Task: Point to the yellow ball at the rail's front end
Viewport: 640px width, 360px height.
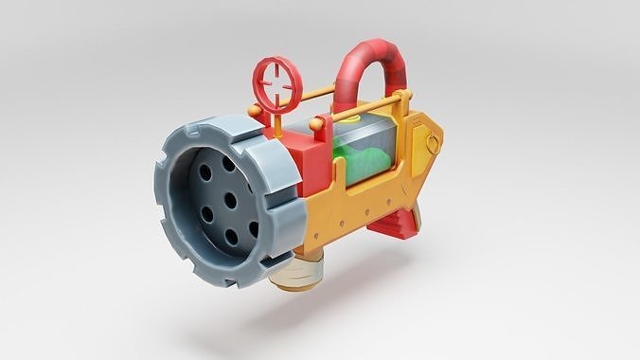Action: pyautogui.click(x=254, y=111)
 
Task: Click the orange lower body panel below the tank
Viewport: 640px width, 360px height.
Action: pyautogui.click(x=350, y=213)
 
